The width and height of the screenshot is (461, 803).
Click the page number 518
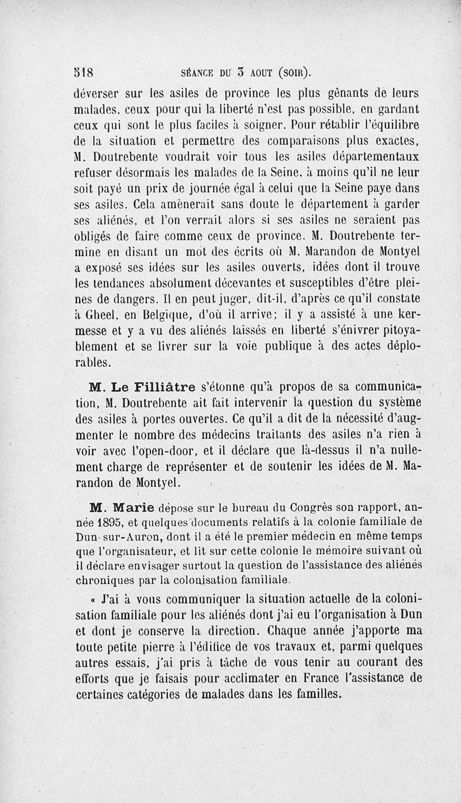(x=84, y=73)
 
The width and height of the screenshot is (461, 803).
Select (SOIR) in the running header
(x=295, y=73)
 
